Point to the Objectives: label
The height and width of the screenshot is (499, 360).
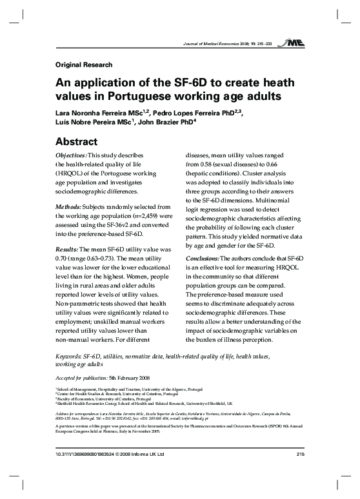[68, 155]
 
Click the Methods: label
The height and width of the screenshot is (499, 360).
[65, 206]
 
